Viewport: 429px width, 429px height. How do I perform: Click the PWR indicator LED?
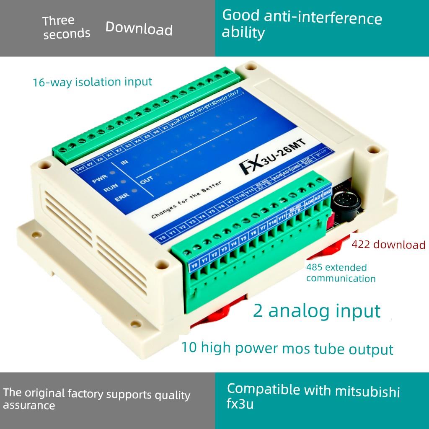click(x=112, y=173)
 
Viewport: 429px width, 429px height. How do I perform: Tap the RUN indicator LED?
click(x=123, y=182)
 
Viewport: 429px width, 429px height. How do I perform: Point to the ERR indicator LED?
click(x=134, y=191)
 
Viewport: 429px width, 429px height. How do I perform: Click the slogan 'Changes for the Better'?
click(x=186, y=201)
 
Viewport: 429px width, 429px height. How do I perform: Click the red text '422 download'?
click(x=388, y=245)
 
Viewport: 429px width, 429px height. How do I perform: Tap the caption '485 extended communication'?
click(x=340, y=273)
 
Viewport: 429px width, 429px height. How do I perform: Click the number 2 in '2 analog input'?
click(x=258, y=311)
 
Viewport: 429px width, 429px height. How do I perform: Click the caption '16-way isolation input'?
click(x=92, y=82)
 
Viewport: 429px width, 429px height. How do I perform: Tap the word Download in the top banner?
click(x=139, y=28)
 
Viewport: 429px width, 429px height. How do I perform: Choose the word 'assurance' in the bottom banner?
click(x=29, y=405)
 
